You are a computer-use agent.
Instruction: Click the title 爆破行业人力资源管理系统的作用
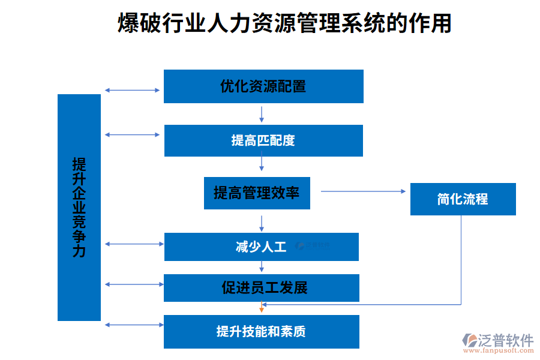pyautogui.click(x=284, y=24)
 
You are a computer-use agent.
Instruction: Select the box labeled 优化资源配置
pyautogui.click(x=263, y=86)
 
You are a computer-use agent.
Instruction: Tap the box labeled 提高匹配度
pyautogui.click(x=263, y=140)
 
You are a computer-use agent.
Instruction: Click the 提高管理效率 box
pyautogui.click(x=257, y=193)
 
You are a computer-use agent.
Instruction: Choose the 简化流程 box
pyautogui.click(x=463, y=199)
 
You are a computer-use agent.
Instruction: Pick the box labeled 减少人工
pyautogui.click(x=261, y=247)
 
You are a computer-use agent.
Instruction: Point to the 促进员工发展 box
pyautogui.click(x=261, y=288)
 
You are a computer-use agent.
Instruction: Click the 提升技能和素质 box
pyautogui.click(x=261, y=332)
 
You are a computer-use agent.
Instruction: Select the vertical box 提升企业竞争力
pyautogui.click(x=79, y=208)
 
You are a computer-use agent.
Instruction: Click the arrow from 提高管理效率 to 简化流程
pyautogui.click(x=363, y=191)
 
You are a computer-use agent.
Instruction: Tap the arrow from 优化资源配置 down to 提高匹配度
pyautogui.click(x=262, y=114)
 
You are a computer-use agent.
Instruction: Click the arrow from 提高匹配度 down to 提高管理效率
pyautogui.click(x=262, y=163)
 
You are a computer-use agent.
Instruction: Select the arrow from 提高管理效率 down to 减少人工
pyautogui.click(x=262, y=223)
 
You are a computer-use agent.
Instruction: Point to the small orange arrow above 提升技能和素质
pyautogui.click(x=262, y=308)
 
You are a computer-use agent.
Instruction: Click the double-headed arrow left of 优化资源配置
pyautogui.click(x=133, y=90)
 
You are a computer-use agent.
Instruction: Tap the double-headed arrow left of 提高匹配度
pyautogui.click(x=133, y=134)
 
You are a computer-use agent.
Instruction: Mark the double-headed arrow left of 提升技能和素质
pyautogui.click(x=133, y=325)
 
